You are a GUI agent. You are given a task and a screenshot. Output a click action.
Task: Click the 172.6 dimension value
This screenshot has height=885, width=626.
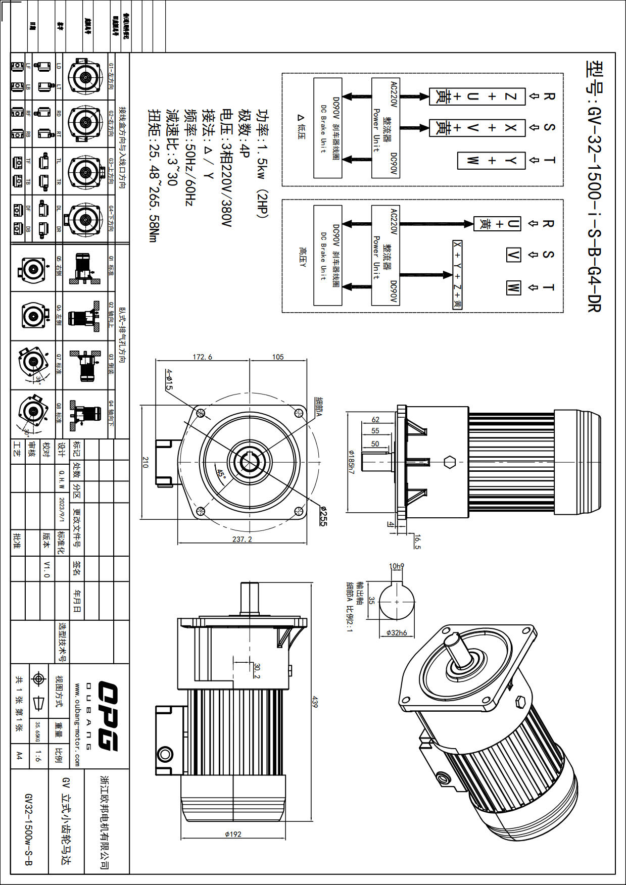(x=202, y=357)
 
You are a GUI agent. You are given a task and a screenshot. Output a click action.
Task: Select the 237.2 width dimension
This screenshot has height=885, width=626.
(x=242, y=539)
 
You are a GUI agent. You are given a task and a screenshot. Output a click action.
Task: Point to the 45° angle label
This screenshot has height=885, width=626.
(x=221, y=474)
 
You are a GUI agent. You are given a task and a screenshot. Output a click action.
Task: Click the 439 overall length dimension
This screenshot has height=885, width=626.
(x=315, y=702)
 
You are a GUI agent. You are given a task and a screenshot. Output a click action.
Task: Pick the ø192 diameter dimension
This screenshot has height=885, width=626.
(x=233, y=834)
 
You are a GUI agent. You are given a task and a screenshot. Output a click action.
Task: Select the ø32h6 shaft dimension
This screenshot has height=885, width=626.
(x=397, y=632)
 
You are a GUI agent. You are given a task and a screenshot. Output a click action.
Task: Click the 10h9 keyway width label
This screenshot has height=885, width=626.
(x=397, y=566)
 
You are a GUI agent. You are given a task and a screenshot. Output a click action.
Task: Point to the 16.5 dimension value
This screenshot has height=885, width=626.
(x=417, y=542)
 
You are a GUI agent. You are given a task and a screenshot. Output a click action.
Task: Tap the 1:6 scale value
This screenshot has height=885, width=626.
(x=38, y=756)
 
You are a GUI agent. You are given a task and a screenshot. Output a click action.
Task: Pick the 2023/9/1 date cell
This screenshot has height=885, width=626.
(x=61, y=511)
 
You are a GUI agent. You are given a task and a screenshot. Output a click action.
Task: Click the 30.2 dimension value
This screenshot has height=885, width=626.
(x=257, y=671)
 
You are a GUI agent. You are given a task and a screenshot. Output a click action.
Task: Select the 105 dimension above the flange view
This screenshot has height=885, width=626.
(x=278, y=357)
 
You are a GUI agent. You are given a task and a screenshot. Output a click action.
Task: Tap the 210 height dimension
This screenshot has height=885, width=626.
(x=145, y=462)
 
